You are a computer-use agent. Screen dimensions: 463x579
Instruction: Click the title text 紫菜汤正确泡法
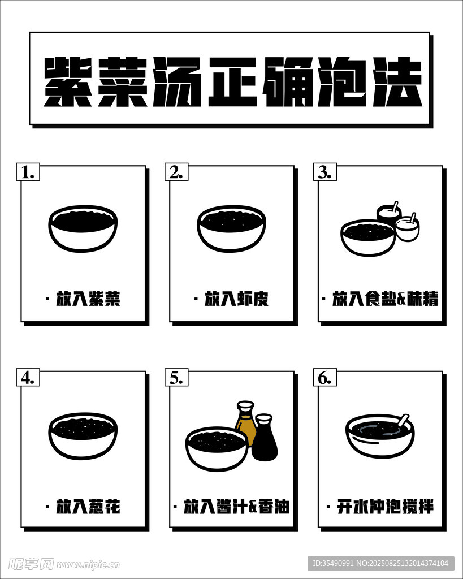[x=233, y=81]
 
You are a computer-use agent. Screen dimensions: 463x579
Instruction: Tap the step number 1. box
[x=28, y=172]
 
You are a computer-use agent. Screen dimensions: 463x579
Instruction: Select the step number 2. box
[x=176, y=172]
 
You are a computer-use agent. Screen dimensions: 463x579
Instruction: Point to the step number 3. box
[x=325, y=172]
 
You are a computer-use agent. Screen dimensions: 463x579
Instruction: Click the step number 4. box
[x=28, y=377]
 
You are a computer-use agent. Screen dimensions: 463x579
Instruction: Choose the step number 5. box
[x=176, y=377]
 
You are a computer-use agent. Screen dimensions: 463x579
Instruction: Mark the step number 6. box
[x=325, y=377]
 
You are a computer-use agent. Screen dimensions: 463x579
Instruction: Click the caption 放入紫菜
[x=88, y=299]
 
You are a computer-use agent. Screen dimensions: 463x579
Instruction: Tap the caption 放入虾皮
[x=237, y=299]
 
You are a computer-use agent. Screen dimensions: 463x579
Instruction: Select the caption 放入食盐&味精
[x=385, y=299]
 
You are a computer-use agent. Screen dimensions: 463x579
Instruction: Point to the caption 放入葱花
[x=88, y=506]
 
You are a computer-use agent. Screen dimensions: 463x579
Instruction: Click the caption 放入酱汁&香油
[x=236, y=506]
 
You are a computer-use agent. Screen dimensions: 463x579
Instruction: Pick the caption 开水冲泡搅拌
[x=385, y=506]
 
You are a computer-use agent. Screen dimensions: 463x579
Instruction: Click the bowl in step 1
[x=83, y=228]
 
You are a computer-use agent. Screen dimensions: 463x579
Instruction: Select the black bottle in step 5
[x=265, y=438]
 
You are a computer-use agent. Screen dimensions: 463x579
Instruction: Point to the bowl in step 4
[x=83, y=436]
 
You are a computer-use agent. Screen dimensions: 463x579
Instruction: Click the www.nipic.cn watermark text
[x=89, y=565]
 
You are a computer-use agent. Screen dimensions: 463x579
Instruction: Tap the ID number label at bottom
[x=380, y=563]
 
